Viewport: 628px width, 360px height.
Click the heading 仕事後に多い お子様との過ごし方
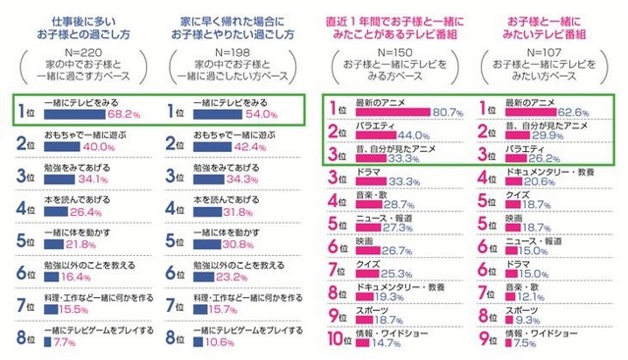(x=81, y=25)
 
